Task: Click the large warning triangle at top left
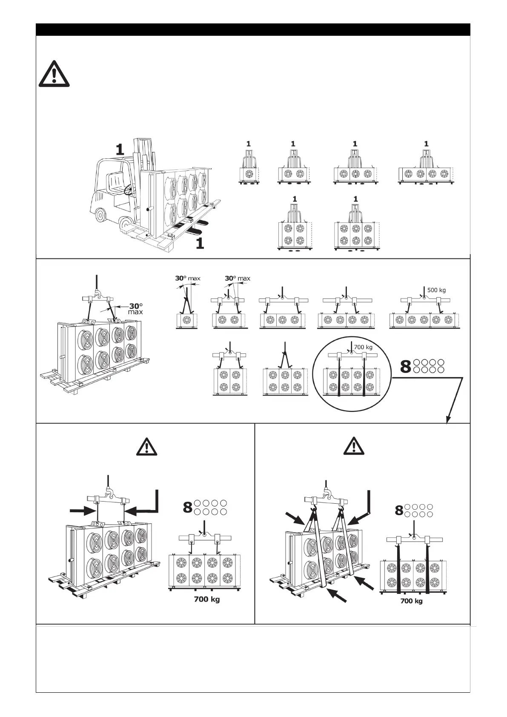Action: pyautogui.click(x=54, y=74)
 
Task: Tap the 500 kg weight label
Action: pyautogui.click(x=436, y=290)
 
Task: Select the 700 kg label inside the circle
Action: pyautogui.click(x=363, y=347)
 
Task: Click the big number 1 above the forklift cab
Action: pyautogui.click(x=120, y=149)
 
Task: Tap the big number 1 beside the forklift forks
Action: pyautogui.click(x=199, y=243)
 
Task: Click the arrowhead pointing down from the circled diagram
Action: pyautogui.click(x=448, y=419)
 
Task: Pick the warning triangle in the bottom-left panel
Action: pyautogui.click(x=146, y=446)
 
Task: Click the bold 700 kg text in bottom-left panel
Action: pyautogui.click(x=207, y=599)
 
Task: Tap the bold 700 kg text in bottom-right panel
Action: pyautogui.click(x=411, y=601)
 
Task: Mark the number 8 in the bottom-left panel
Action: pyautogui.click(x=188, y=507)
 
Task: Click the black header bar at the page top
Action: pyautogui.click(x=253, y=29)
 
